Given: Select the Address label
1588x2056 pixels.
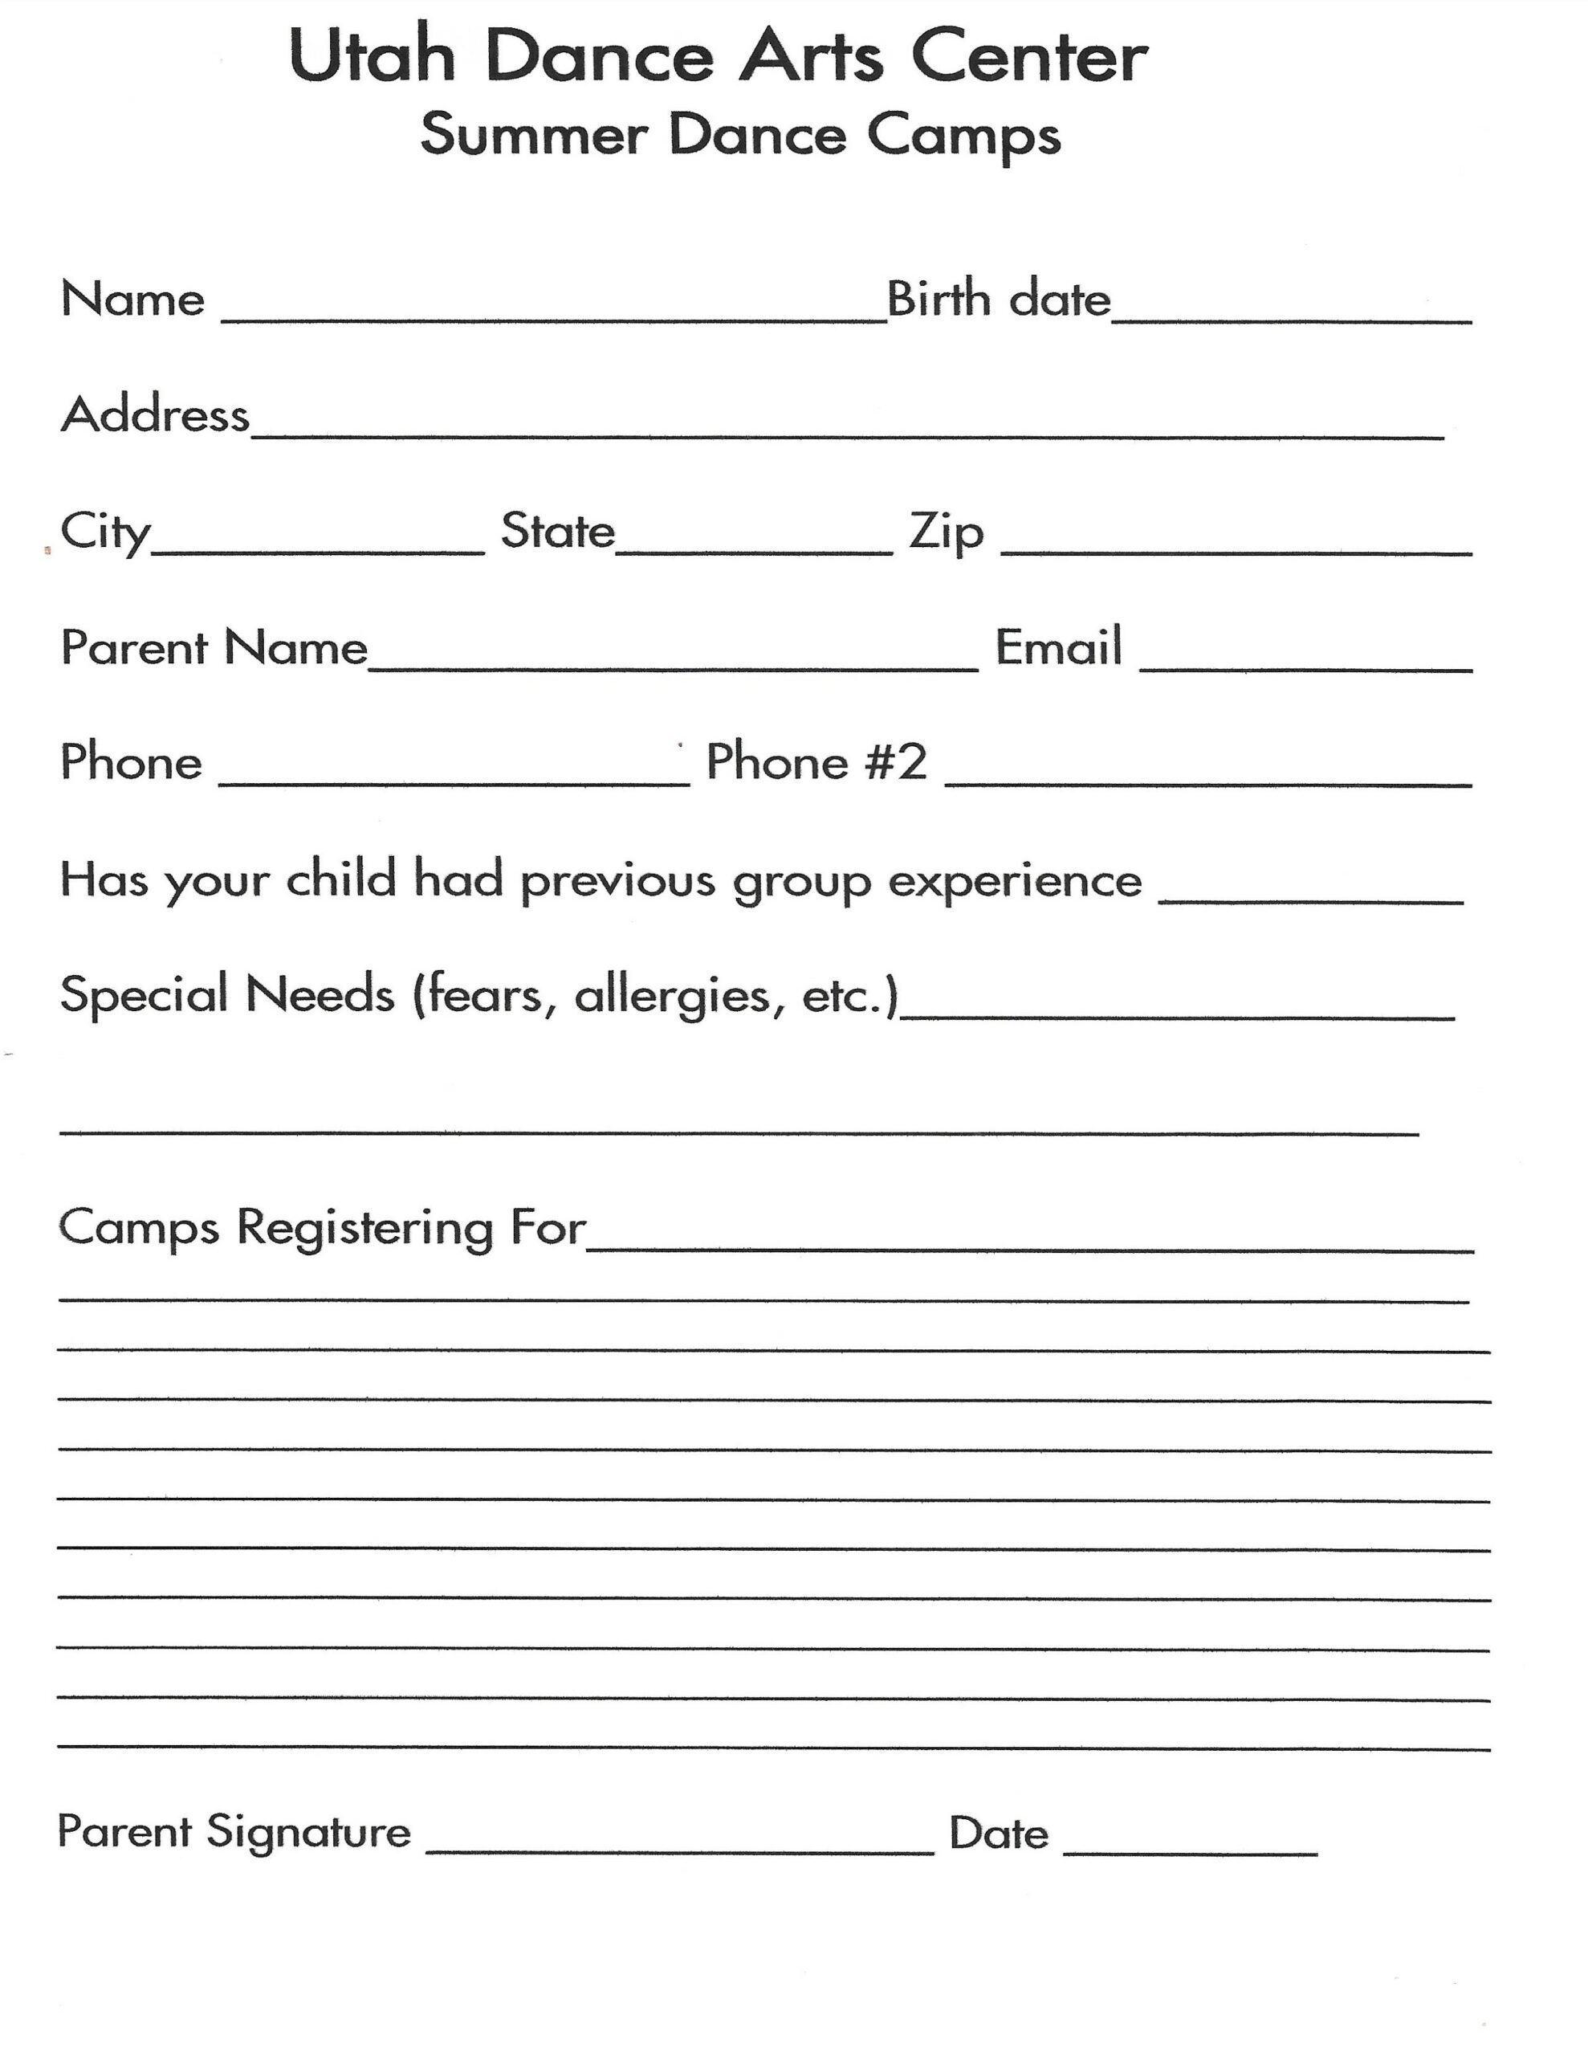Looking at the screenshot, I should [155, 415].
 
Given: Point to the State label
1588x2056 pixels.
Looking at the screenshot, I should [557, 531].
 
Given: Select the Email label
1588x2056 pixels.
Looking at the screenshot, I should [1058, 647].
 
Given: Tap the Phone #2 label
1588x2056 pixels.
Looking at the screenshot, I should [816, 761].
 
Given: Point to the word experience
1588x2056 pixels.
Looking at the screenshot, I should [1015, 881].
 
